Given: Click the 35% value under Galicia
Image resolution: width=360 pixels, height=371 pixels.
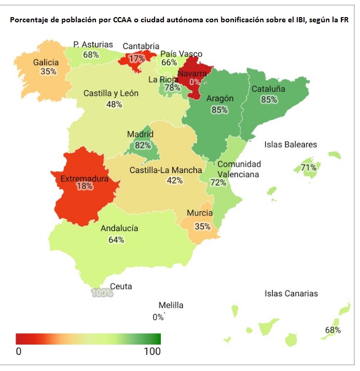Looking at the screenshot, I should tap(48, 72).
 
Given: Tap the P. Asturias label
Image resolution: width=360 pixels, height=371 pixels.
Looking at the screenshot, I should tap(93, 45).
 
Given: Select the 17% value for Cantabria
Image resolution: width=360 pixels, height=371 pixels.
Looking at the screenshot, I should tap(137, 59).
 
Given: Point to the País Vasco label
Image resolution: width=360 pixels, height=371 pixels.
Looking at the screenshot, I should tap(181, 54).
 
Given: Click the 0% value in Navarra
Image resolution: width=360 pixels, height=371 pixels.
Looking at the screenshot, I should tap(195, 82).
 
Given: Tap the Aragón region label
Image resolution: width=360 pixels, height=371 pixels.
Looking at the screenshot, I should tap(220, 98).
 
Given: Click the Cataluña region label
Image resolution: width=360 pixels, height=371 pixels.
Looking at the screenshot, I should tap(268, 89).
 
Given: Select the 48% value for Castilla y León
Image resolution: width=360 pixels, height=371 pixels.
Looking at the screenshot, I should tap(114, 104).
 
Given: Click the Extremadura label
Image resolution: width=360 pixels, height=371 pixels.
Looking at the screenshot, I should tap(84, 179).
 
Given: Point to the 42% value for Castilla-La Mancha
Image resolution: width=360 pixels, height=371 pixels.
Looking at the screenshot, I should tap(174, 180).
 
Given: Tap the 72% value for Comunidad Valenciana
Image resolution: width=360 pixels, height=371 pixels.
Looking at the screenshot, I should tap(218, 182).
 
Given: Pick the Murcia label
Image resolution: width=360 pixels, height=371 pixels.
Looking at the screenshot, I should tap(200, 213).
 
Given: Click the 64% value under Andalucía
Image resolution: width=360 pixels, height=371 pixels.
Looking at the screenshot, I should tap(116, 239).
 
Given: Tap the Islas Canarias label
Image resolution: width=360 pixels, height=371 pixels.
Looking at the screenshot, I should tap(291, 294).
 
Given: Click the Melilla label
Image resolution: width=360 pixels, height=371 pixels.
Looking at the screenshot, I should tap(171, 305).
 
